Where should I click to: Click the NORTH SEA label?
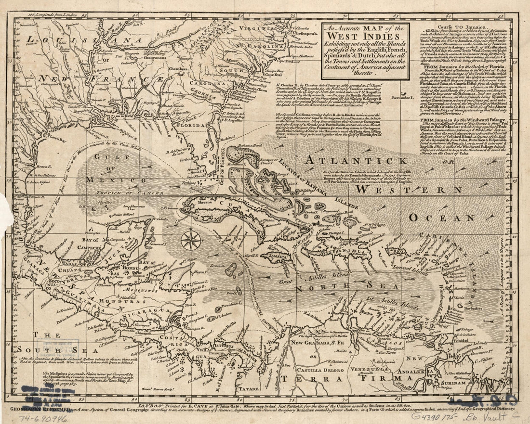[330, 289]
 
